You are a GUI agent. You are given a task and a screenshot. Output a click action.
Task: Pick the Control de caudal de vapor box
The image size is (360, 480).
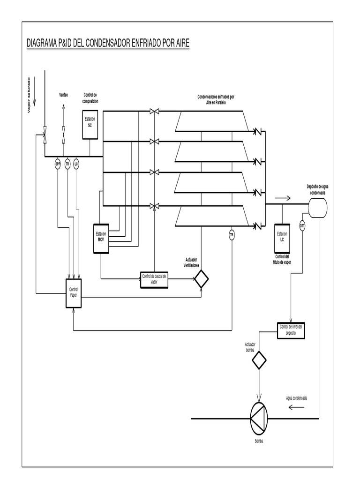pos(154,280)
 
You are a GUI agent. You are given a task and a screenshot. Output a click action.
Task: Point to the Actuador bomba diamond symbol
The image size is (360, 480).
pos(259,360)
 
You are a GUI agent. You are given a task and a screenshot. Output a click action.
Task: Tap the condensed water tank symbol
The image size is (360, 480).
pos(317,205)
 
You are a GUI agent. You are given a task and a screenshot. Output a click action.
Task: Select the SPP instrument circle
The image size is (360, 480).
pos(58,164)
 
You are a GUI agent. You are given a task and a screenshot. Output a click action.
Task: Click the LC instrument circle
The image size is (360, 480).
pos(76,164)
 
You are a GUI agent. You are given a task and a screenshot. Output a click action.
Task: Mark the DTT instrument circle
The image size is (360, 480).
pos(302,225)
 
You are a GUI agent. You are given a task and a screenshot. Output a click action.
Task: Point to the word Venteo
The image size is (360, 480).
pos(63,95)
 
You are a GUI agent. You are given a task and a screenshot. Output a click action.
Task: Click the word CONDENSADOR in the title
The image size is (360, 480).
pos(105,44)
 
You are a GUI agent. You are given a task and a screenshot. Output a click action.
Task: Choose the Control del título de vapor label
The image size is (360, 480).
pos(282,260)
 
